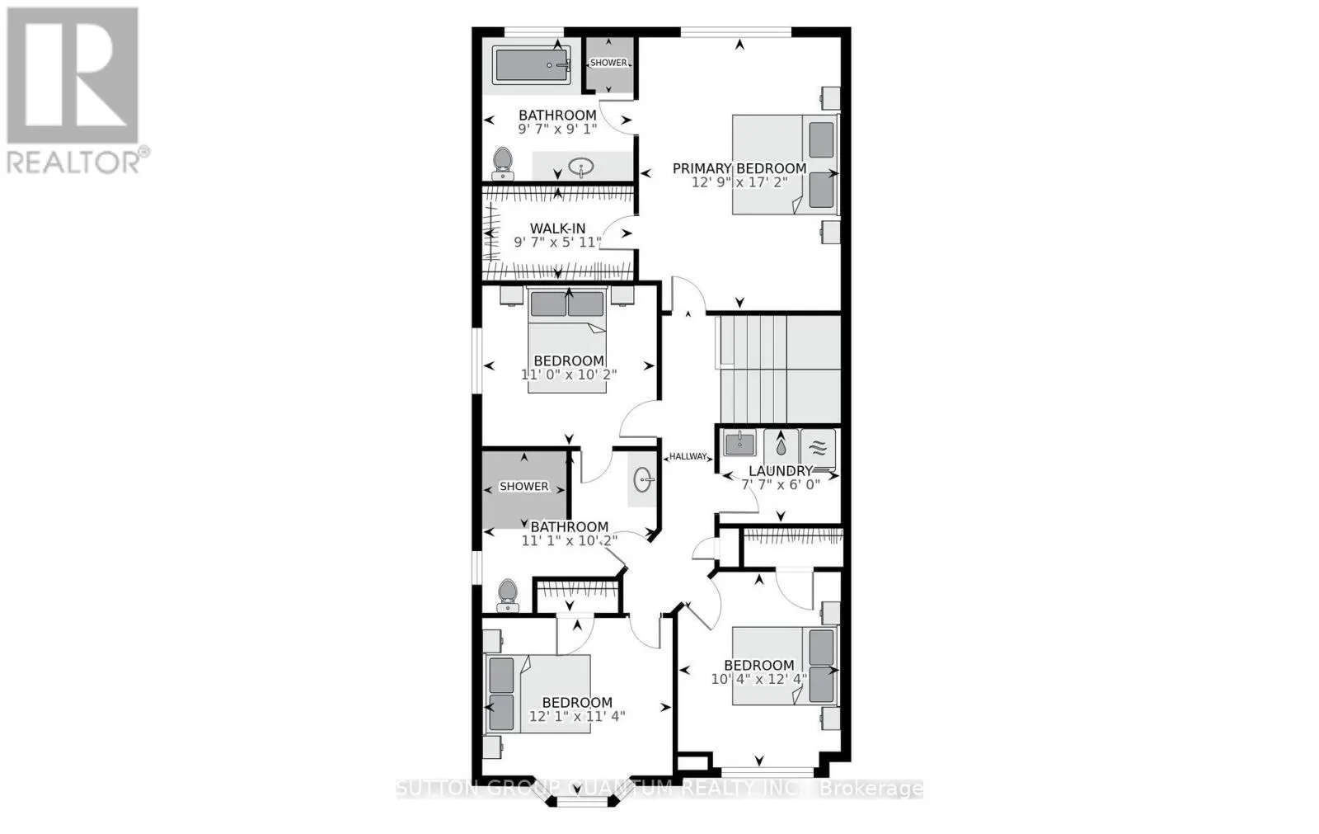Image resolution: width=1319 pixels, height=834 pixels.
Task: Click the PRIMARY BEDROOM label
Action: coord(739,169)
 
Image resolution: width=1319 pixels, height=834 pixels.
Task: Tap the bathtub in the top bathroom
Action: coord(531,64)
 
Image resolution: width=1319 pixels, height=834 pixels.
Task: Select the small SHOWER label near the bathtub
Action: coord(608,63)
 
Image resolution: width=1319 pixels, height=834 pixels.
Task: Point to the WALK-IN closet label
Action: coord(557,229)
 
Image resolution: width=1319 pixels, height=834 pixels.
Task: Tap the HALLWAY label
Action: coord(688,456)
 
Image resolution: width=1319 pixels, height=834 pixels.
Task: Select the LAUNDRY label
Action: coord(780,471)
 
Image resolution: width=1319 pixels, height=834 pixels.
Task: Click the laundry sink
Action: coord(739,443)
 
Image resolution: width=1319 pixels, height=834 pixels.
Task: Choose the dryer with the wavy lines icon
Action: coord(818,448)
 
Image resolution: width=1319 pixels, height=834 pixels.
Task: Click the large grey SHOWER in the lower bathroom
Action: coord(524,488)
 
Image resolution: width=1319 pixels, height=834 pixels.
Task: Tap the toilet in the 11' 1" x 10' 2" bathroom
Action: coord(507,595)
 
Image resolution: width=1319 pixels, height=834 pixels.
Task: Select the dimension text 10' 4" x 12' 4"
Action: coord(759,679)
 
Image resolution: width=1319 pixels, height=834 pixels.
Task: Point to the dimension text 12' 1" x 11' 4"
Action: coord(576,716)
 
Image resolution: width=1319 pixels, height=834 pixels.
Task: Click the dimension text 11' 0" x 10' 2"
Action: coord(568,374)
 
